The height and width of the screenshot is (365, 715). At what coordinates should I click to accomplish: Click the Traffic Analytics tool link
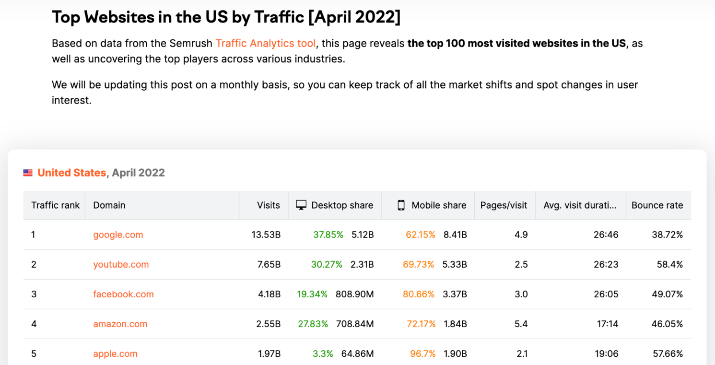(x=266, y=43)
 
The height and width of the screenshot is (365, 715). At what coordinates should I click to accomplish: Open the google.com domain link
(x=118, y=235)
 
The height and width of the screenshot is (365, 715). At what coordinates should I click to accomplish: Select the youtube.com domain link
(x=121, y=264)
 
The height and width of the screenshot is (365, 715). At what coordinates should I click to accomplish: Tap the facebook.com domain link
(x=123, y=294)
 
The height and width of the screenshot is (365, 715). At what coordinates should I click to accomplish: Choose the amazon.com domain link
(x=120, y=324)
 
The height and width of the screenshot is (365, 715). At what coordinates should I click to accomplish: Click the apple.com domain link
(x=115, y=353)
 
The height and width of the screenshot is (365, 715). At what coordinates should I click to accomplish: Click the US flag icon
(x=28, y=173)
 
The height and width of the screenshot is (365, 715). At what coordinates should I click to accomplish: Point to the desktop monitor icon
(x=301, y=205)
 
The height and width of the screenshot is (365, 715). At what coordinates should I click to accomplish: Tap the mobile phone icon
(x=401, y=205)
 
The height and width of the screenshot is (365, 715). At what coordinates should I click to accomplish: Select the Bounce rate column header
(x=657, y=205)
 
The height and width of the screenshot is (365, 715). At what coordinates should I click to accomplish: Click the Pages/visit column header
(x=504, y=205)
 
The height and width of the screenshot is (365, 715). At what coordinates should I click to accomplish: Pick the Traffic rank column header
(x=56, y=205)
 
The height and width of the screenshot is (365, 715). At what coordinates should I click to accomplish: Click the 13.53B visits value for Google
(x=266, y=235)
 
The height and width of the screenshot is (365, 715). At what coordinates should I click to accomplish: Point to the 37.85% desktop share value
(x=328, y=235)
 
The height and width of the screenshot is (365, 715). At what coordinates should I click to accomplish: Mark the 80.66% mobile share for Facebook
(x=418, y=294)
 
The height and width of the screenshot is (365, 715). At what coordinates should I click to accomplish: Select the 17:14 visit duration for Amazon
(x=607, y=324)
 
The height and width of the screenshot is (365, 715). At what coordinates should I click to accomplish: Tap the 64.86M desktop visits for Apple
(x=357, y=353)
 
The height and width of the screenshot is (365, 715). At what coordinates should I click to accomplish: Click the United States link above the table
(x=71, y=173)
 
